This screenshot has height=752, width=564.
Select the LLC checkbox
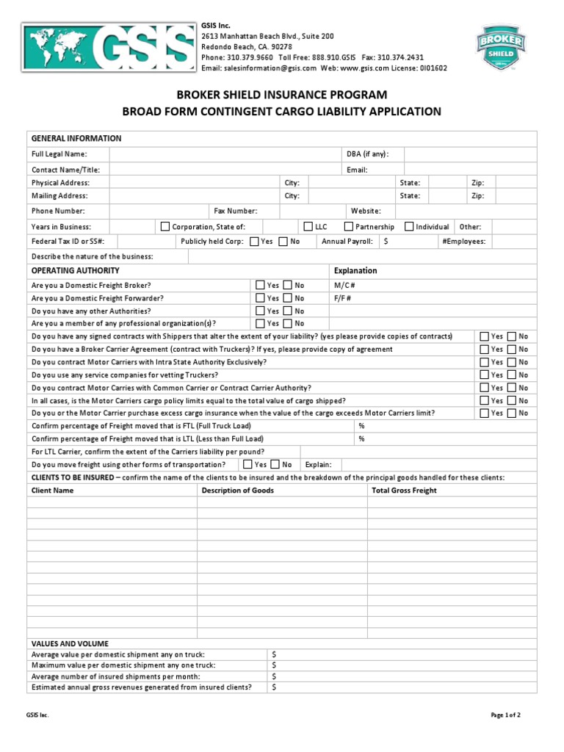point(308,227)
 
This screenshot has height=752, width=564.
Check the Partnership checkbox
point(350,227)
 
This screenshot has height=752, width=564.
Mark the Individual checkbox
point(409,227)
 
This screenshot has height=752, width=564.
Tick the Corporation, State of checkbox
point(165,227)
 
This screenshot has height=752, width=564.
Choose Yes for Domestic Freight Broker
point(260,285)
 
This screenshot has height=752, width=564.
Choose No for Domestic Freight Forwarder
point(288,298)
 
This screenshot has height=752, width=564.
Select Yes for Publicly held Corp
point(254,241)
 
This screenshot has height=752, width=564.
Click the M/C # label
point(344,285)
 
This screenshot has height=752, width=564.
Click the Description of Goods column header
point(238,491)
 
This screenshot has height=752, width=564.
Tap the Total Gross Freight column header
point(404,491)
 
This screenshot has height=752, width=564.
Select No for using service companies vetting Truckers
point(512,375)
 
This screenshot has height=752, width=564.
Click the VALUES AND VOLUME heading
point(70,643)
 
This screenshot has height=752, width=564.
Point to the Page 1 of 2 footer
point(506,715)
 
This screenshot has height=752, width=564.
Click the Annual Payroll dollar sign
point(386,241)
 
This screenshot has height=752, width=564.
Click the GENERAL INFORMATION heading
point(76,139)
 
